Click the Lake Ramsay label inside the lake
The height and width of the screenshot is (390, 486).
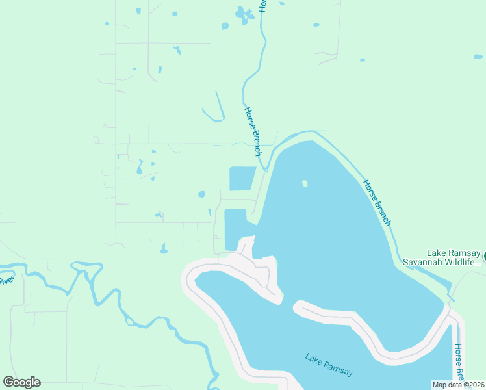pyautogui.click(x=329, y=363)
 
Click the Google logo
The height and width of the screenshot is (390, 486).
pyautogui.click(x=21, y=382)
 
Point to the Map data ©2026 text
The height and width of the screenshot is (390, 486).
pyautogui.click(x=459, y=385)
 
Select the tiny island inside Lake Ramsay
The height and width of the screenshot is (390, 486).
pyautogui.click(x=305, y=183)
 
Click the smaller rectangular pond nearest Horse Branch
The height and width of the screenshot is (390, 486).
pyautogui.click(x=242, y=178)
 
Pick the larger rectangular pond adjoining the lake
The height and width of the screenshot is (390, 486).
pyautogui.click(x=235, y=229)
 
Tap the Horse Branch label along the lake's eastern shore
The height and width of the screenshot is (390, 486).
pyautogui.click(x=377, y=203)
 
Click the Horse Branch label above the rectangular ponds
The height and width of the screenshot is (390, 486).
pyautogui.click(x=252, y=131)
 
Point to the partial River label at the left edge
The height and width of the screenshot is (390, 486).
pyautogui.click(x=6, y=280)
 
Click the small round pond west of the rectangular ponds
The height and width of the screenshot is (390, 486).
pyautogui.click(x=201, y=194)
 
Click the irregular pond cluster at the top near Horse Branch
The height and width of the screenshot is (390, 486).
pyautogui.click(x=244, y=15)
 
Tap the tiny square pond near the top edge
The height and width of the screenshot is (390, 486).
pyautogui.click(x=174, y=14)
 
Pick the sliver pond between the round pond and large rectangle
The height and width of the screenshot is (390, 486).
pyautogui.click(x=209, y=212)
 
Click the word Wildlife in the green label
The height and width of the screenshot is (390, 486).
pyautogui.click(x=463, y=262)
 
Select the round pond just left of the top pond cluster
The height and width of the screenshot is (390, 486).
pyautogui.click(x=225, y=26)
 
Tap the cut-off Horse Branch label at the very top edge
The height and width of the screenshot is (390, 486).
pyautogui.click(x=262, y=5)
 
